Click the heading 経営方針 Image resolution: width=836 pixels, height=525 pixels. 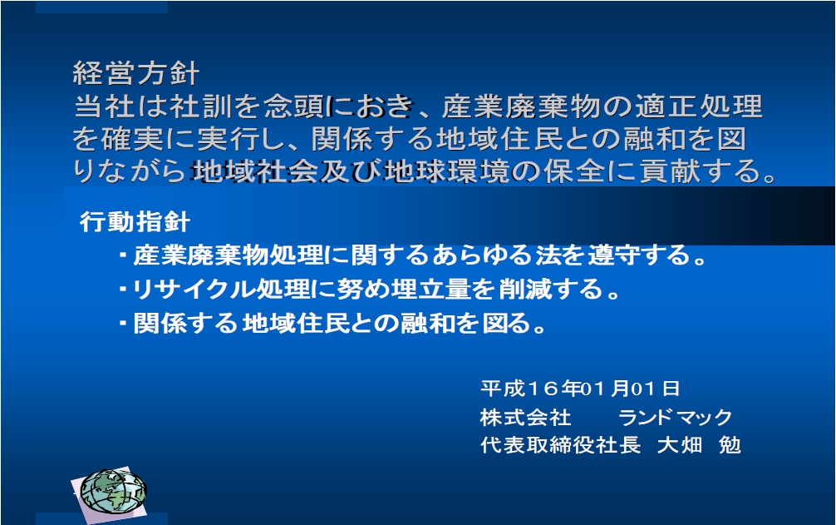[136, 73]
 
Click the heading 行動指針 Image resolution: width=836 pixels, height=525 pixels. [135, 221]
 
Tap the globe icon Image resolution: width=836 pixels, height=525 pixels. [112, 492]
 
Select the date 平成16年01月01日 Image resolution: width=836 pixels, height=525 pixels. [580, 389]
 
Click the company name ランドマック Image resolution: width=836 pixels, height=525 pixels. [676, 417]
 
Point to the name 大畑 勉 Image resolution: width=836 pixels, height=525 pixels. [699, 445]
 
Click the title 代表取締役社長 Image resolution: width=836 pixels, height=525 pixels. [560, 445]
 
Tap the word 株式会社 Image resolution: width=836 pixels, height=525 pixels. [526, 417]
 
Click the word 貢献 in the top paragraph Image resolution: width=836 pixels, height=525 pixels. [670, 171]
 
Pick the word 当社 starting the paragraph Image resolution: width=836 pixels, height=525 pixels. [105, 106]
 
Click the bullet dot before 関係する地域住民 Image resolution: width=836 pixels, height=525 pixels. [123, 324]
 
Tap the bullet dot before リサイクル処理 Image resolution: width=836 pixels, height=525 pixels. [123, 290]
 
